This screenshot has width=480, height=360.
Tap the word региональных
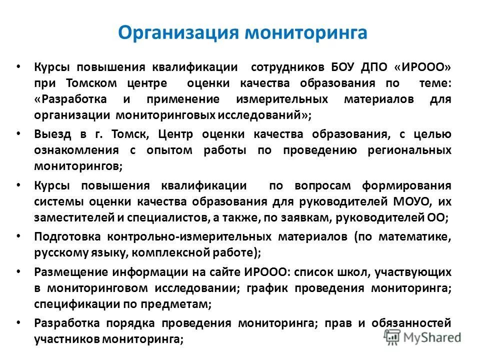408,150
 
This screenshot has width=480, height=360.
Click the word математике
407,236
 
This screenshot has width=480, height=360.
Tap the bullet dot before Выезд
18,133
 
